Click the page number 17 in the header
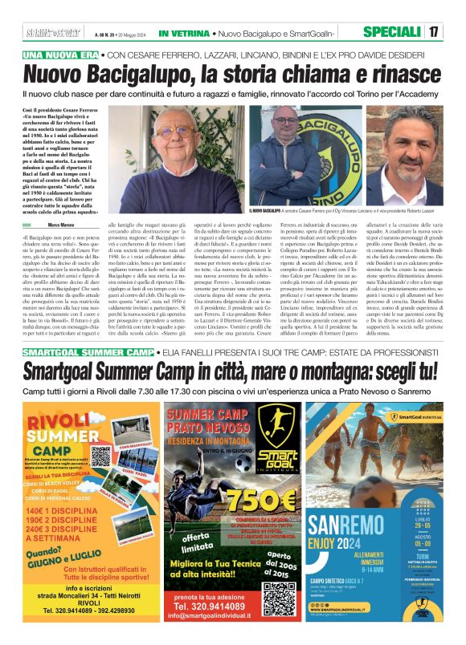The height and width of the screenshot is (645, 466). point(434,33)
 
